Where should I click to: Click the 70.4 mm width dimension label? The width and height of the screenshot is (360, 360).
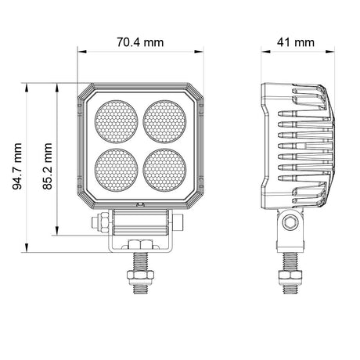[141, 41]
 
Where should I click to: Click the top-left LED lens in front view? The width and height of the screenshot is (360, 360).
[115, 120]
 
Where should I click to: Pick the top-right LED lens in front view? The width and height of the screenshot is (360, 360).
[165, 120]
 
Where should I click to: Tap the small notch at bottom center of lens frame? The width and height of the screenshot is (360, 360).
[141, 203]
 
